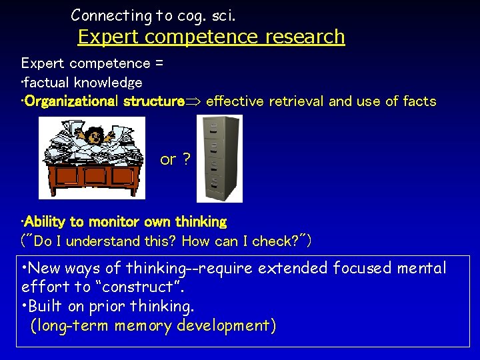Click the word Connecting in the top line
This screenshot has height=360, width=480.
pyautogui.click(x=103, y=15)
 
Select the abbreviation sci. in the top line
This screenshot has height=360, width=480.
pyautogui.click(x=219, y=15)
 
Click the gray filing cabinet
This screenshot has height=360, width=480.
pyautogui.click(x=221, y=158)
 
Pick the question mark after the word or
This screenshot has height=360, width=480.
pyautogui.click(x=186, y=159)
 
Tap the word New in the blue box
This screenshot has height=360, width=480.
pyautogui.click(x=45, y=269)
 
